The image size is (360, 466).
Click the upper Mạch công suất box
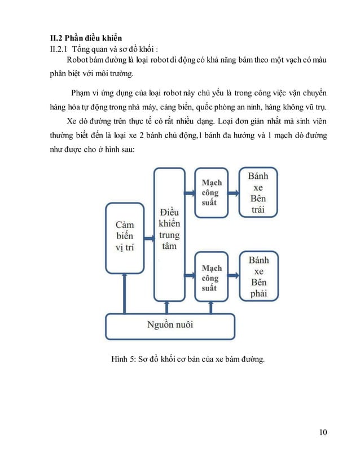tap(212, 192)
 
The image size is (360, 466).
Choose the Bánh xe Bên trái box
tap(258, 192)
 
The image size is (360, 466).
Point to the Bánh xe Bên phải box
tap(258, 276)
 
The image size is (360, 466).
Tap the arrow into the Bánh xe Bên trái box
tap(234, 193)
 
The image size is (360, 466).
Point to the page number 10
tap(322, 433)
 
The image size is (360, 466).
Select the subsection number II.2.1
tap(59, 49)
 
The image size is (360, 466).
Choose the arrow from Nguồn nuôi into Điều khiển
tap(166, 307)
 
